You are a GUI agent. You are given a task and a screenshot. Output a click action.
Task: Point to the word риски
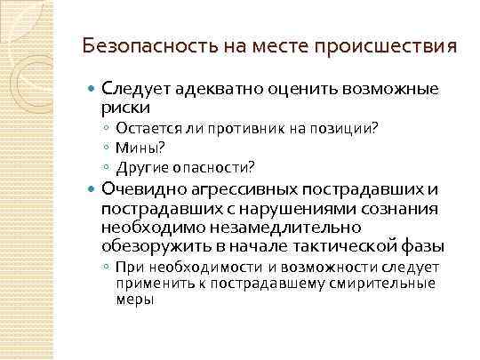[125, 107]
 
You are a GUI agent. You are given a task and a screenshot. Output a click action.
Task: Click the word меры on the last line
[135, 299]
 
